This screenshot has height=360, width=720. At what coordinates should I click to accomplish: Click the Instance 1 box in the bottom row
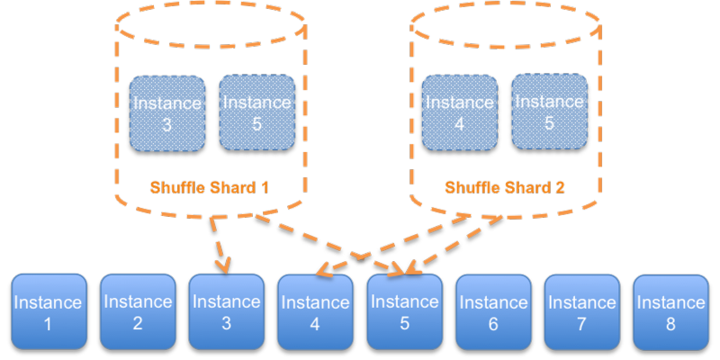[x=49, y=311]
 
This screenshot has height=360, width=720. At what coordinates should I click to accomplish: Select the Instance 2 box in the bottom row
[x=137, y=311]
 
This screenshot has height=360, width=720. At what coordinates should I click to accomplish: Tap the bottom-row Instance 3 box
[x=226, y=311]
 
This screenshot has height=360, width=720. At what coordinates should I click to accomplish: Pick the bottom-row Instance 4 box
[x=315, y=311]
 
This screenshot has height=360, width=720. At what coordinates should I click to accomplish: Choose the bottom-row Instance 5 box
[x=404, y=311]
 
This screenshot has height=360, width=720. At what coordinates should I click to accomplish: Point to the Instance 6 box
[x=492, y=311]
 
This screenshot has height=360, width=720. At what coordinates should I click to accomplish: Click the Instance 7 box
[x=581, y=311]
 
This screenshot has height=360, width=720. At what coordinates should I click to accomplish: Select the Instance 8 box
[x=670, y=311]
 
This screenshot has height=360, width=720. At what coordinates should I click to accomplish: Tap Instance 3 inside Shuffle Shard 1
[x=167, y=112]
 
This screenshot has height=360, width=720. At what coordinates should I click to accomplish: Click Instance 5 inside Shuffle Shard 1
[x=256, y=112]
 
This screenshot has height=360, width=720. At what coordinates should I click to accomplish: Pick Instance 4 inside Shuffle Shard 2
[x=460, y=112]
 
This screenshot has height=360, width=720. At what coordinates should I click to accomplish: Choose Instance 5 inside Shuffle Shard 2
[x=549, y=112]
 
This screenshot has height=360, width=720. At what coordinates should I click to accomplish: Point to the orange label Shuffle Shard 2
[x=504, y=188]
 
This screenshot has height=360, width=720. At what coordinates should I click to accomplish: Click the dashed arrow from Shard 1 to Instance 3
[x=217, y=243]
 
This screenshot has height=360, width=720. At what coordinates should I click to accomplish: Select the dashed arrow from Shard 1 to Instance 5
[x=333, y=243]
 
